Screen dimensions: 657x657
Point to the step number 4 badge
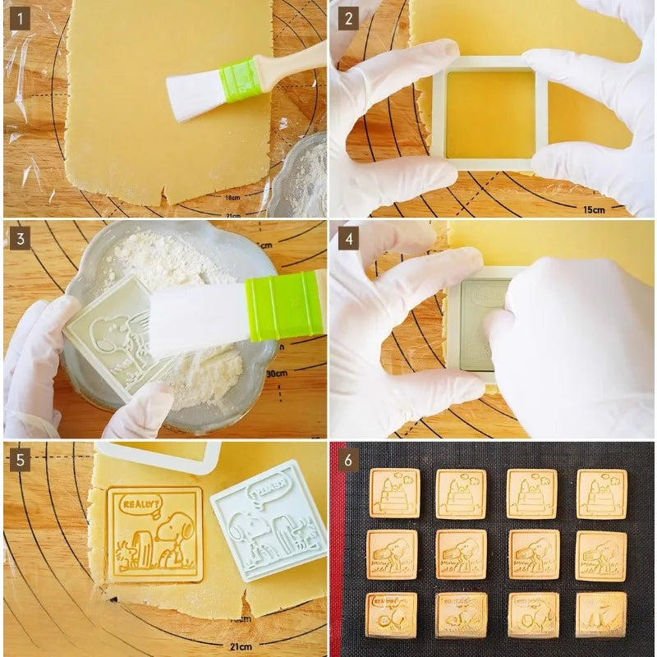(349, 238)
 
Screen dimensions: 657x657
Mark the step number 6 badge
(349, 459)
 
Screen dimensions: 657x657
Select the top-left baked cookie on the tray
(394, 493)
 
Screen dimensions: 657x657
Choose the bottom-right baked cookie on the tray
(601, 614)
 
